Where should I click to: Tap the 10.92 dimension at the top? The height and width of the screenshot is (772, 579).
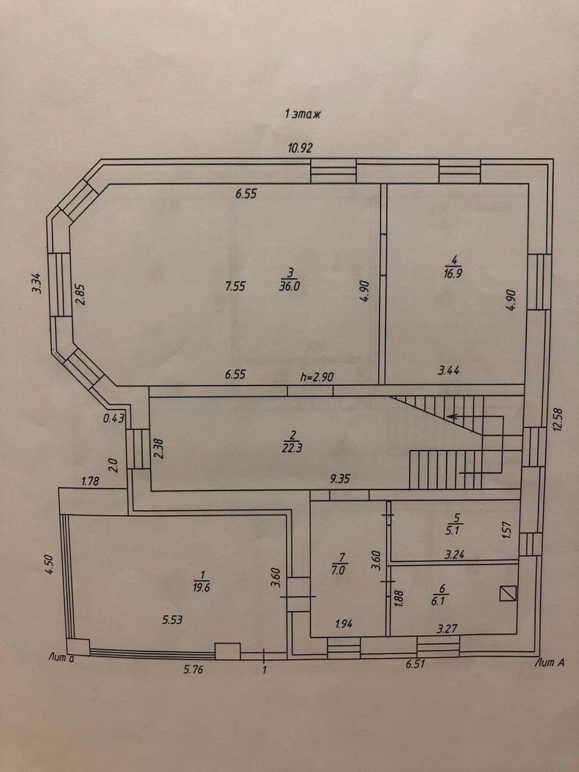coord(300,148)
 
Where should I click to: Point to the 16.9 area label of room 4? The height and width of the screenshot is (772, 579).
coord(454,271)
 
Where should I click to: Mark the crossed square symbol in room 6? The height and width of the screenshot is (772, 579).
coord(508,594)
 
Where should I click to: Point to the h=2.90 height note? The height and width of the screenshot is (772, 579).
coord(317,377)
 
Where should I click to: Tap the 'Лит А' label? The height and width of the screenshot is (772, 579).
coord(549,662)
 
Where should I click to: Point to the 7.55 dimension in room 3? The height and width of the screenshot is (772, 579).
coord(235,287)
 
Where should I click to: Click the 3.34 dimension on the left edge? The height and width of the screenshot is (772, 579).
coord(36,284)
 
